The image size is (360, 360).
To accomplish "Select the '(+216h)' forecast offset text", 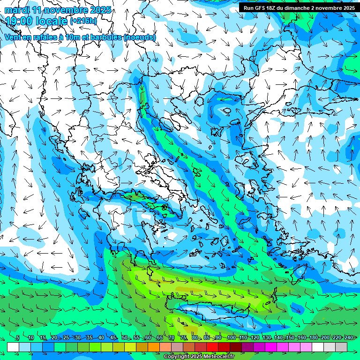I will (x=83, y=21).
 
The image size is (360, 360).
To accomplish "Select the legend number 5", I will (x=17, y=337).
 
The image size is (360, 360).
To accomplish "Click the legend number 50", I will (x=124, y=337).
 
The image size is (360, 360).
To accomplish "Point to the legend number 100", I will (x=231, y=337).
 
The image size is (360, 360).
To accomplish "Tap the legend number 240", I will (x=348, y=337).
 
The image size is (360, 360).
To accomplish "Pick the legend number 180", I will (x=313, y=337).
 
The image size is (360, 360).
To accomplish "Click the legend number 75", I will (x=183, y=337).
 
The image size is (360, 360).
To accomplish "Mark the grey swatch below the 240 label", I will (x=341, y=346).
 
